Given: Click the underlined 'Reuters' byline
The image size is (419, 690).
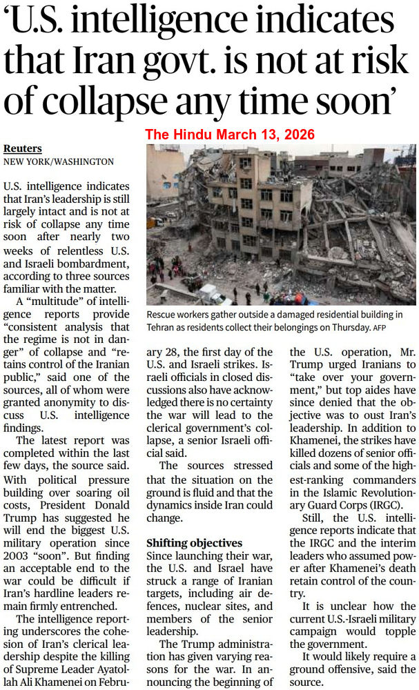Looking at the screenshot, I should [23, 148].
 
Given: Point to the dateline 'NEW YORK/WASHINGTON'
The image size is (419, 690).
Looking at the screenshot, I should [59, 161].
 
